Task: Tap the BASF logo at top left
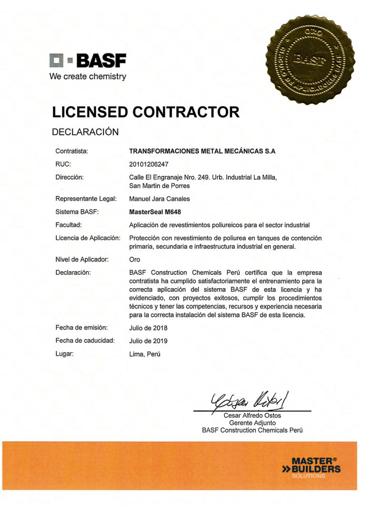[88, 61]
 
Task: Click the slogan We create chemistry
[88, 76]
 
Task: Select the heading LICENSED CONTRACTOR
[145, 112]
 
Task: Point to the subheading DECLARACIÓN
[84, 132]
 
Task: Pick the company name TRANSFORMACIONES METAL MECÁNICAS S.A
[203, 151]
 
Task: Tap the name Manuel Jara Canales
[159, 199]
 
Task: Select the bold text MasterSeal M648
[155, 212]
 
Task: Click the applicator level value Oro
[134, 260]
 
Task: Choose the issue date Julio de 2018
[148, 328]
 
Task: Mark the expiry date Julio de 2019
[148, 341]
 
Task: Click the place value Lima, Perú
[145, 354]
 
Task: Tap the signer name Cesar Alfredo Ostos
[252, 416]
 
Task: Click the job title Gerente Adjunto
[252, 423]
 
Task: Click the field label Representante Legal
[86, 199]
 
